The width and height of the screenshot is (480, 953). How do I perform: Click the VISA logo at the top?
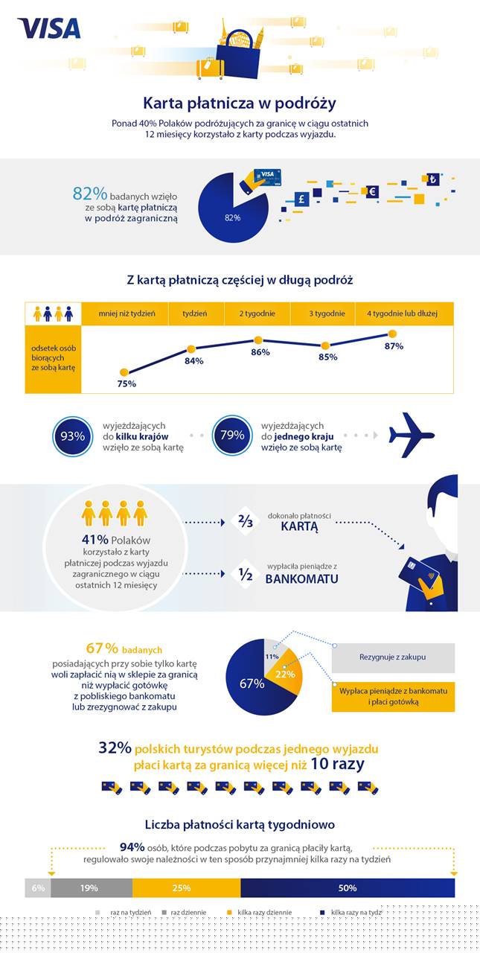coord(49,28)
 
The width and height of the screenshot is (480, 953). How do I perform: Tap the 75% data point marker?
coord(124,372)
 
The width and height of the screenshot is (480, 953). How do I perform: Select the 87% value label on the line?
coord(394,346)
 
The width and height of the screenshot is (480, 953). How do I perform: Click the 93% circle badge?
coord(73,436)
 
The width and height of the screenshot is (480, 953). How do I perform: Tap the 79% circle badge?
coord(232,436)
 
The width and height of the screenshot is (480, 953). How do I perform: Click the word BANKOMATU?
coord(302,578)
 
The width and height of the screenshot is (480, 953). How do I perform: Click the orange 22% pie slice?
coord(286,673)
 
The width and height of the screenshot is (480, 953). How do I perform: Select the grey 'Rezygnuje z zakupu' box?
coord(392,657)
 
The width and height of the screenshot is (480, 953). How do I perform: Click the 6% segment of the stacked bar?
coord(38,887)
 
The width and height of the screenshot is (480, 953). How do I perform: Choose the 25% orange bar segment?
coord(186,887)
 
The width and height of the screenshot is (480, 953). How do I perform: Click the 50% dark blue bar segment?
coord(347,887)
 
